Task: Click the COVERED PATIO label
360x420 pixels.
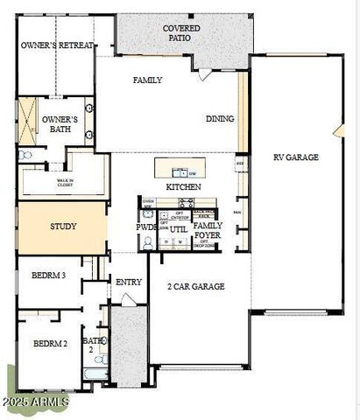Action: (x=181, y=33)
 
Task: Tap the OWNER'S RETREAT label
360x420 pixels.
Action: (x=57, y=45)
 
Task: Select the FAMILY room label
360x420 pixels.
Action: (x=148, y=80)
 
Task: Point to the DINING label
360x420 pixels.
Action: (x=220, y=119)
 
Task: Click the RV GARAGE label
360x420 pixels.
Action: (x=295, y=157)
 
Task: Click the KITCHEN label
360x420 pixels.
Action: (x=183, y=186)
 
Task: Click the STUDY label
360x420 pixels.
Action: (x=62, y=227)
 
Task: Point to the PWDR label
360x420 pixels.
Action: (x=146, y=227)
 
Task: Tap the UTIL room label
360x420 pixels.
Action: (x=178, y=229)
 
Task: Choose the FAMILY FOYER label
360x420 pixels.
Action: (x=208, y=230)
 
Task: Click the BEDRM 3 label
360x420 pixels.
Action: (x=49, y=275)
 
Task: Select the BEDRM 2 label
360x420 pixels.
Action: (x=50, y=343)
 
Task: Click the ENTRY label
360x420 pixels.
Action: (x=128, y=282)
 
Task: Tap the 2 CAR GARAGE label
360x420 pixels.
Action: (x=196, y=286)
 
